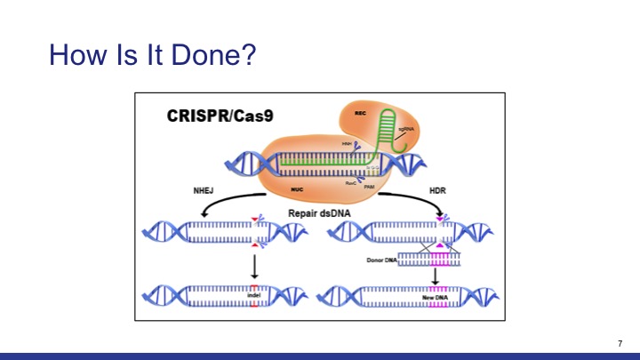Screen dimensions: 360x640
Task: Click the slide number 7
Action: point(620,343)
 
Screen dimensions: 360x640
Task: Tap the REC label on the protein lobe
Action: point(361,114)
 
